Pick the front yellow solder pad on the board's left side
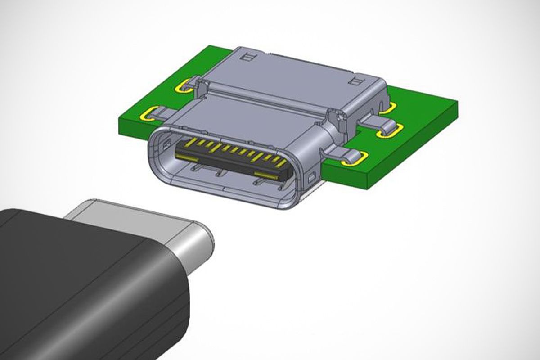point(151,114)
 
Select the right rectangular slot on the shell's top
point(356,81)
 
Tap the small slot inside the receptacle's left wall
point(167,144)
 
